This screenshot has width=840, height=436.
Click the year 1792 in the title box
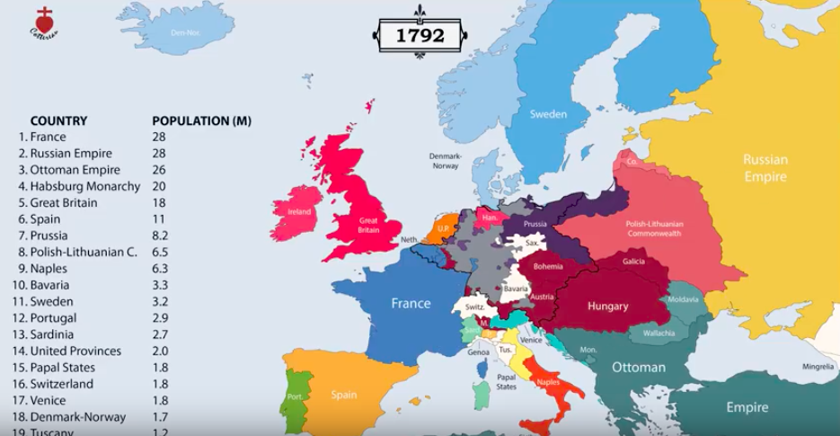tap(420, 36)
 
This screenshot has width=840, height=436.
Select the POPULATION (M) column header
tap(201, 121)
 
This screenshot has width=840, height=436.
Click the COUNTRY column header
tap(58, 121)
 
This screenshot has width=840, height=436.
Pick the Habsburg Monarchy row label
tap(84, 187)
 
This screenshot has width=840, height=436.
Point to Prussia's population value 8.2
tap(161, 236)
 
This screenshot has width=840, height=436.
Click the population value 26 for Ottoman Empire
tap(159, 171)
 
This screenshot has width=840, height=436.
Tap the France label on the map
tap(411, 304)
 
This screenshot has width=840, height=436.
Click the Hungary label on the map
tap(608, 307)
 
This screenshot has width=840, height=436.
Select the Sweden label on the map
tap(548, 114)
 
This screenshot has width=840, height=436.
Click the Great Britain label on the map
tap(368, 225)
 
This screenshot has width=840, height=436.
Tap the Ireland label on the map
tap(298, 212)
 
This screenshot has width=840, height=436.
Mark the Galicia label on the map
tap(632, 261)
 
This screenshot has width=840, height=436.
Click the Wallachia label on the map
tap(659, 334)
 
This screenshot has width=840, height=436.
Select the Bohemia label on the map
tap(547, 266)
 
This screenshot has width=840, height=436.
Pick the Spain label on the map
tap(343, 395)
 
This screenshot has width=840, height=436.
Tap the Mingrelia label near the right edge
tap(818, 367)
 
